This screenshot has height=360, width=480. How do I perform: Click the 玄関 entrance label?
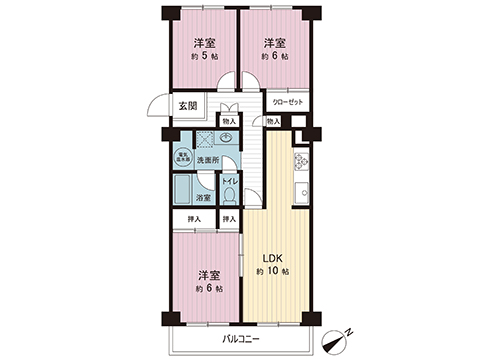(x=187, y=105)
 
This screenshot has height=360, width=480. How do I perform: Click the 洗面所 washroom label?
(x=207, y=160)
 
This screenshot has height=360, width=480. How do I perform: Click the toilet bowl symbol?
(x=229, y=196)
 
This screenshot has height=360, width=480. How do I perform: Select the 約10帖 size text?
(x=272, y=271)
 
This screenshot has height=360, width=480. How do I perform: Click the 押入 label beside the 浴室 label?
(x=230, y=219)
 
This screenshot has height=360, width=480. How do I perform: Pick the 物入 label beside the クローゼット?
(x=274, y=121)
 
